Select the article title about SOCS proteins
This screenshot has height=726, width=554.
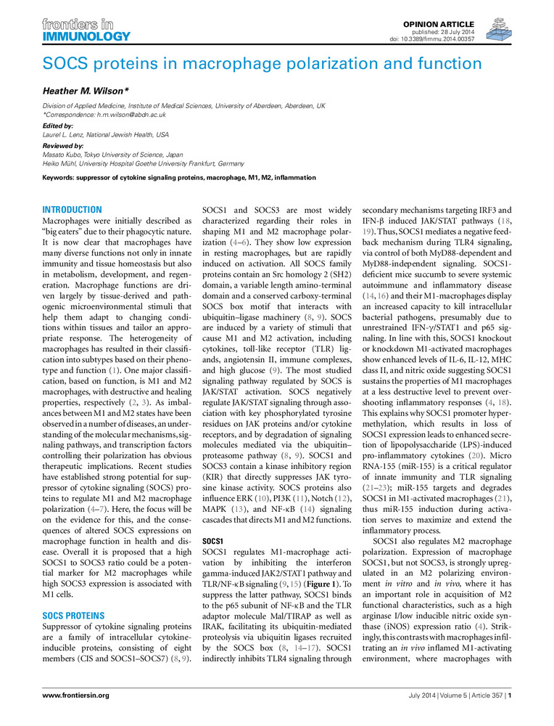(262, 63)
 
